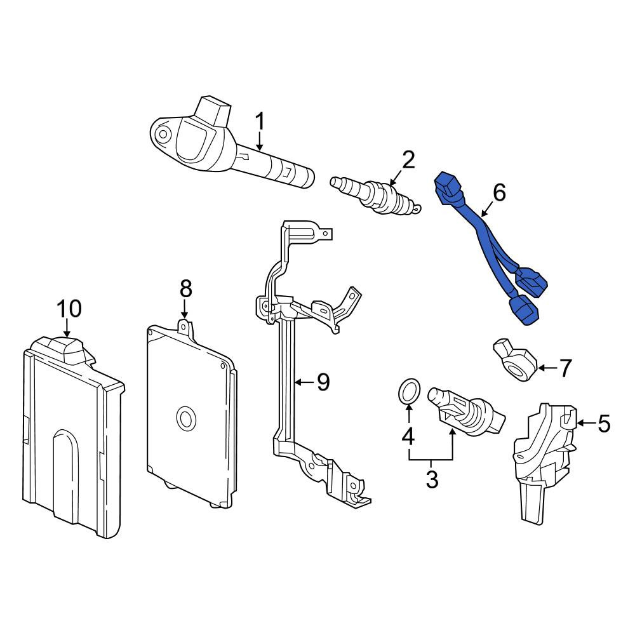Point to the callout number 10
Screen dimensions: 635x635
[69, 309]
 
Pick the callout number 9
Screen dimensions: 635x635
[323, 382]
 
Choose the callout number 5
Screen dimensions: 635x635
[603, 424]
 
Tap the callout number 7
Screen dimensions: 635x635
[565, 368]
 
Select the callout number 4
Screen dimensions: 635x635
[408, 436]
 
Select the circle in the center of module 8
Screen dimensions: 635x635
[186, 418]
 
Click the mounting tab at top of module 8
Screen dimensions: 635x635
[184, 326]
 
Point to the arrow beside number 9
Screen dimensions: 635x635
[304, 382]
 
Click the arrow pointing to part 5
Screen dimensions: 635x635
[585, 423]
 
